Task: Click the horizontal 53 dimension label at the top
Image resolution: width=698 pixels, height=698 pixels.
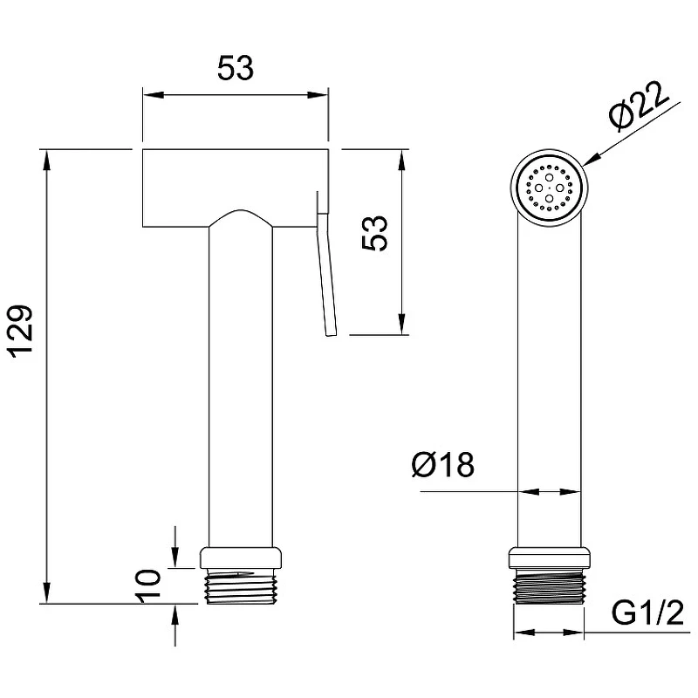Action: tap(236, 68)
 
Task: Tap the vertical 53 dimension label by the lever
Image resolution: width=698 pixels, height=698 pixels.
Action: tap(375, 233)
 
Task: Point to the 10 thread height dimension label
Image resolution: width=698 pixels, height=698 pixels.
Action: tap(148, 585)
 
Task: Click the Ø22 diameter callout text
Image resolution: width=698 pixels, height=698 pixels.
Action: tap(639, 106)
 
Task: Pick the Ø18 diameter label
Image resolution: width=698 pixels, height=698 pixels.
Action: tap(443, 465)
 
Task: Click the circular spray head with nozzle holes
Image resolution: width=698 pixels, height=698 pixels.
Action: tap(549, 188)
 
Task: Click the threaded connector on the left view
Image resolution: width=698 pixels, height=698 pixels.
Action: tap(241, 586)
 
